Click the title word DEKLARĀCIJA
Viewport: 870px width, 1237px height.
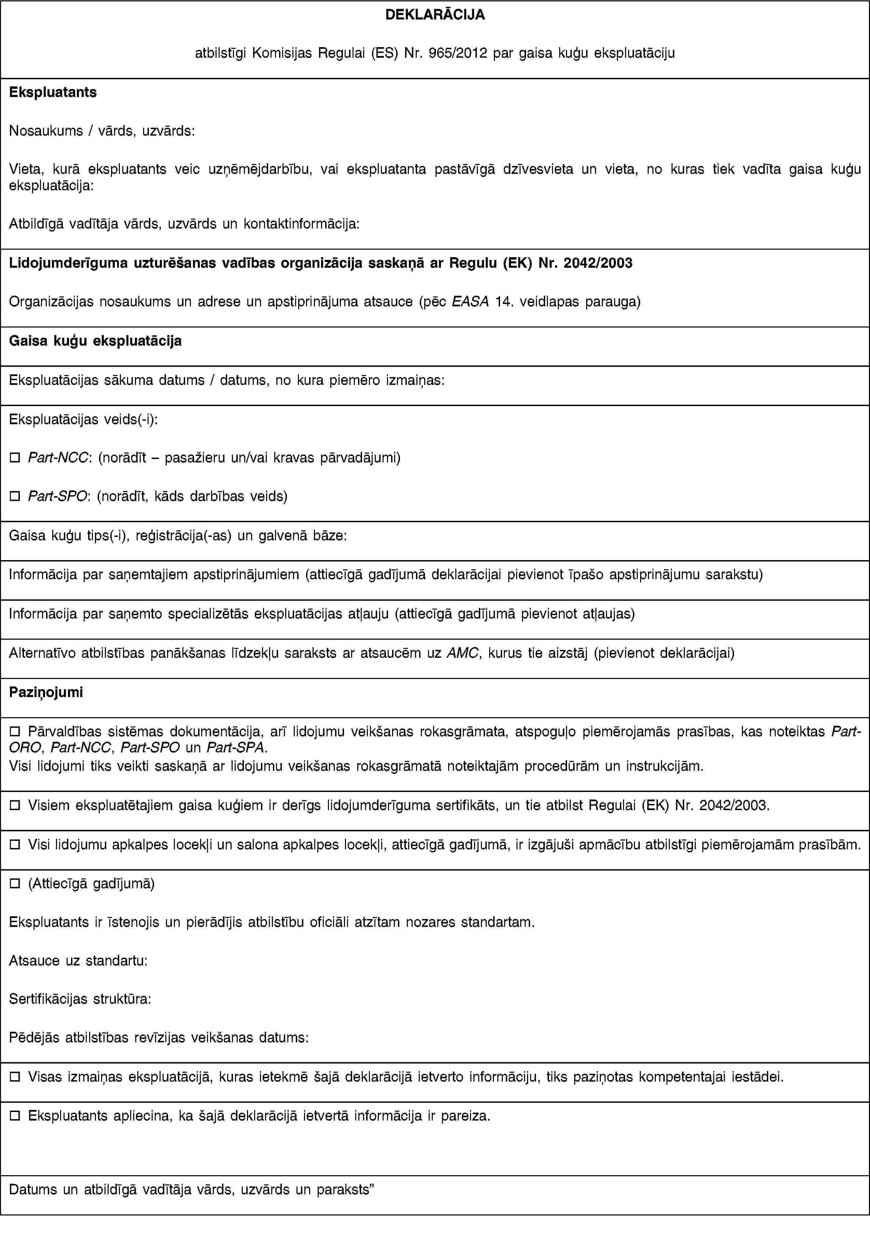click(x=435, y=15)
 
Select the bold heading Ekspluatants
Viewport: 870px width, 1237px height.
click(x=53, y=92)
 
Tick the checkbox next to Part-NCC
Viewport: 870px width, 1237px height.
click(x=15, y=458)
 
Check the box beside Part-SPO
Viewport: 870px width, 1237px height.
click(x=15, y=496)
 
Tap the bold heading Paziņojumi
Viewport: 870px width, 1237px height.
click(x=46, y=692)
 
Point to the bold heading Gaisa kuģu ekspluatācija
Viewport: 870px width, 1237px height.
click(x=95, y=341)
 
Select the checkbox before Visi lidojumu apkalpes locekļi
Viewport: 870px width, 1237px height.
click(x=15, y=845)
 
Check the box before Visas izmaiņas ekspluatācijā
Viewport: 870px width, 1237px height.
click(x=15, y=1077)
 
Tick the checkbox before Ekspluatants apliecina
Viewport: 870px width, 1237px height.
click(x=15, y=1116)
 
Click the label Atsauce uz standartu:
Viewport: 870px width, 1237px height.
click(x=79, y=961)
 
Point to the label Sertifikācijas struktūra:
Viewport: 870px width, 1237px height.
click(x=80, y=999)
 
